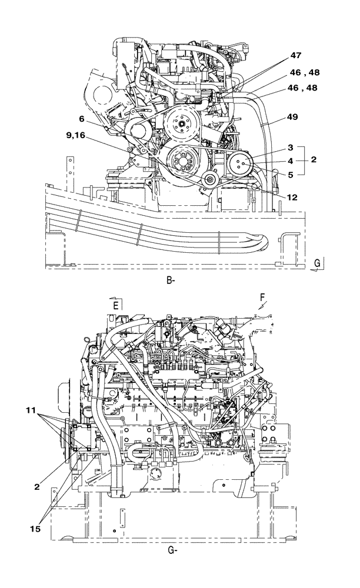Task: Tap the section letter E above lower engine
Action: pos(116,306)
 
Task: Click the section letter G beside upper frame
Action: pos(317,263)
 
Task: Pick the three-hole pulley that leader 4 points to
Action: pos(241,164)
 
